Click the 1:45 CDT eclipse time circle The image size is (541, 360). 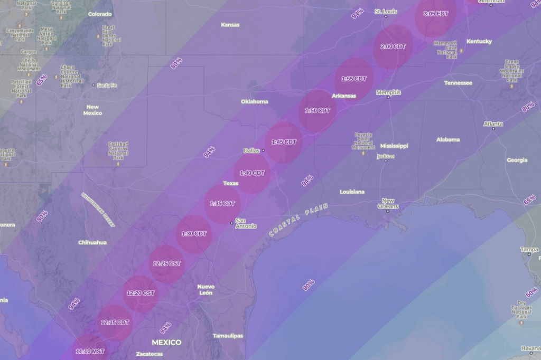click(x=284, y=142)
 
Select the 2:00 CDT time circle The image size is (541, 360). click(x=393, y=46)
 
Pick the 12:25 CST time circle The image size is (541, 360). click(x=166, y=263)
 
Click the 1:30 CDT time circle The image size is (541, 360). click(x=194, y=234)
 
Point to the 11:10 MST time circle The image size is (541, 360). click(x=90, y=350)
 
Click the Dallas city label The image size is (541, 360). click(x=251, y=150)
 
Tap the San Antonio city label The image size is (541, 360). click(x=246, y=223)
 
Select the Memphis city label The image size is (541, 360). click(x=388, y=92)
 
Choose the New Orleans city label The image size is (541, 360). click(x=388, y=204)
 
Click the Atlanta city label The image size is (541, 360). click(x=493, y=124)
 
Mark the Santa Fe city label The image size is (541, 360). click(x=106, y=85)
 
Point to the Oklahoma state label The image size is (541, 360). click(x=254, y=101)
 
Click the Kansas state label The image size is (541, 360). click(x=230, y=25)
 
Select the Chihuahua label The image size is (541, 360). click(x=92, y=242)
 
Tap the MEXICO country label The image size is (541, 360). click(x=166, y=342)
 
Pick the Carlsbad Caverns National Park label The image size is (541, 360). click(x=118, y=150)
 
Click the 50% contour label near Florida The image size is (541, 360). click(x=531, y=291)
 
